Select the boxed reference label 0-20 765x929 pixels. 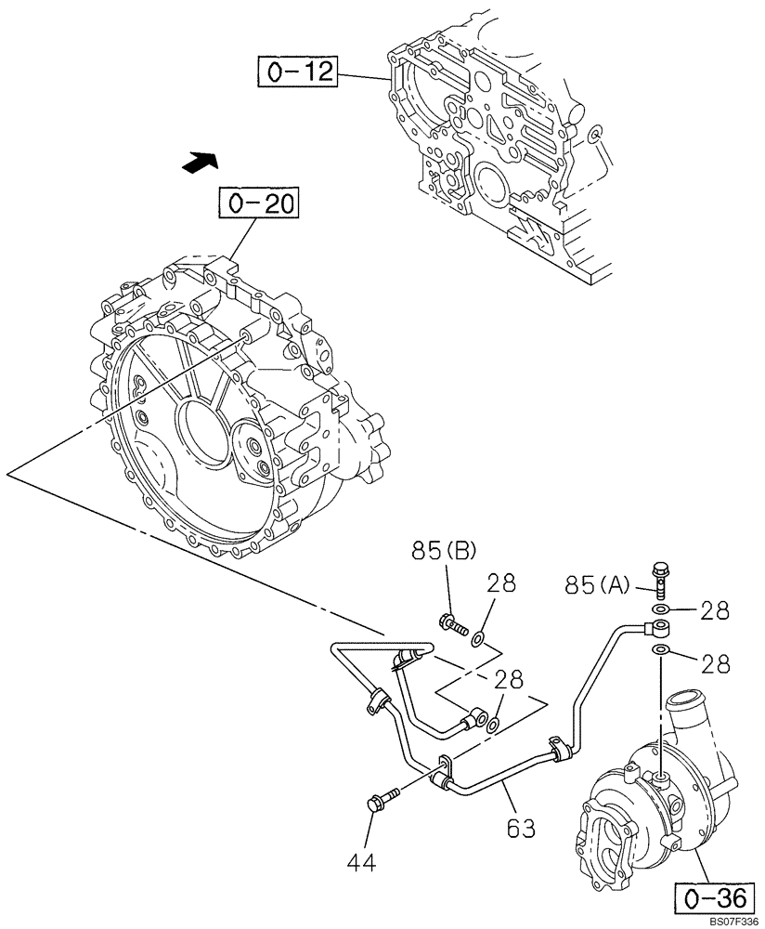pos(260,203)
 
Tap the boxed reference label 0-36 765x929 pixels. pos(709,900)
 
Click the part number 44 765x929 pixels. pos(363,863)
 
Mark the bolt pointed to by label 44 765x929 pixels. pos(382,799)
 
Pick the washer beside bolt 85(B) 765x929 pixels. pos(477,637)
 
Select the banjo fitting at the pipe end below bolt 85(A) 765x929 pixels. pos(661,630)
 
